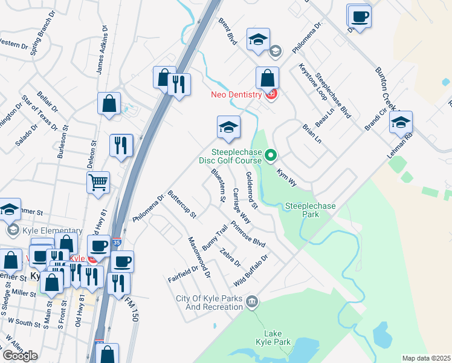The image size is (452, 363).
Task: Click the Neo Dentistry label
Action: pyautogui.click(x=236, y=94)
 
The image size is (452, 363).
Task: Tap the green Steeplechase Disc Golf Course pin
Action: pyautogui.click(x=271, y=156)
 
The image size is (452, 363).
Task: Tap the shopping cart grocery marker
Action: pyautogui.click(x=98, y=181)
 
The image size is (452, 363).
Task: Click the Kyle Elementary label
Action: pyautogui.click(x=51, y=230)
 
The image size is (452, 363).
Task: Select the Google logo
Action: pyautogui.click(x=20, y=355)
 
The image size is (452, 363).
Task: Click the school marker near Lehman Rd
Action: pyautogui.click(x=401, y=123)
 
